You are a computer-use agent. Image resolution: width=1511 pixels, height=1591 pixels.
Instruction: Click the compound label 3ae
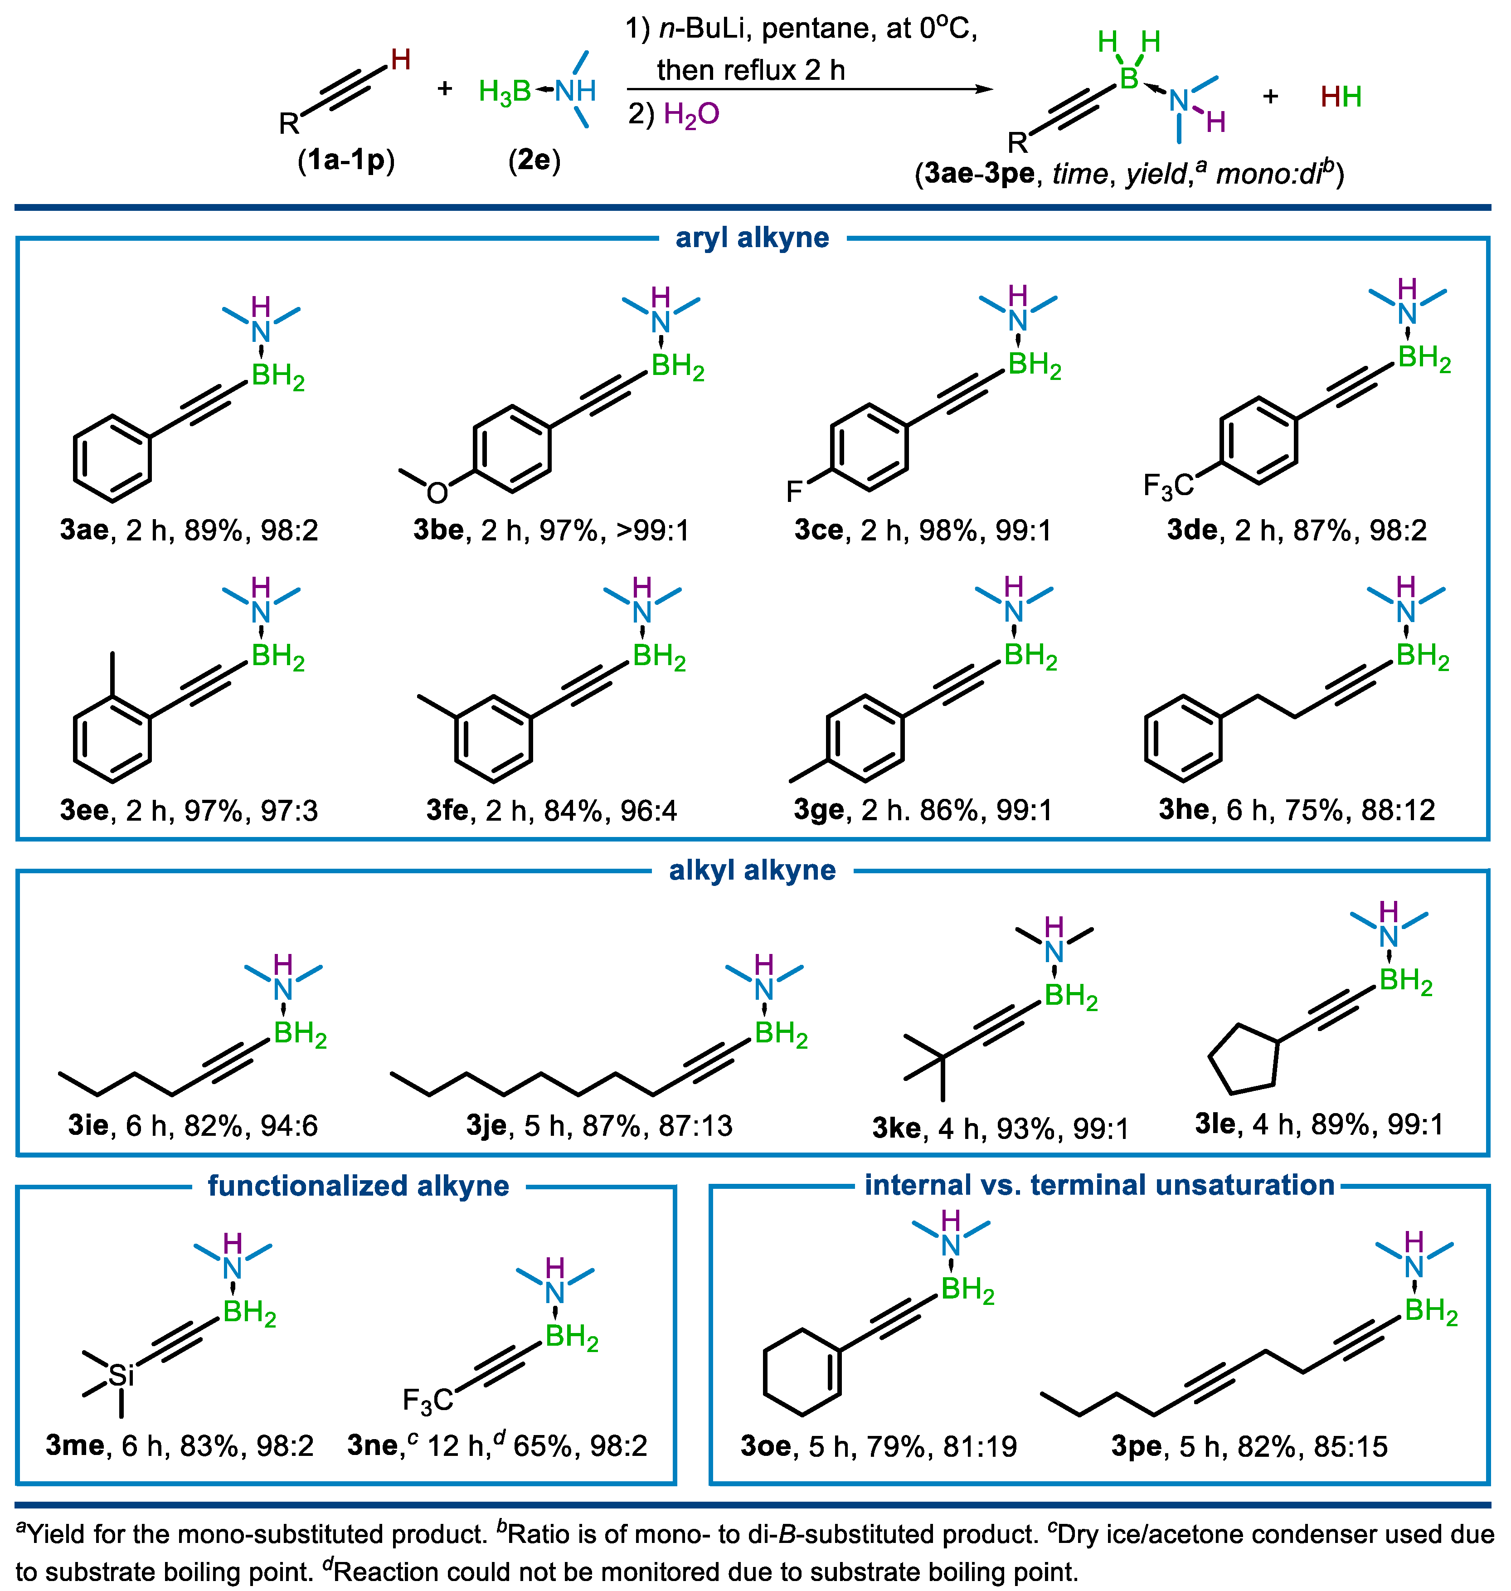[x=84, y=530]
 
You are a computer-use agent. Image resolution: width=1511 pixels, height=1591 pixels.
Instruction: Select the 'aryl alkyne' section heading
[x=752, y=238]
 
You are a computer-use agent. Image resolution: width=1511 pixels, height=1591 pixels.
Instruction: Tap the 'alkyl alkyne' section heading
[x=752, y=870]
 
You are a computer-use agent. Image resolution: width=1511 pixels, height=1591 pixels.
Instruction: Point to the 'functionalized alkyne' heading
[x=359, y=1186]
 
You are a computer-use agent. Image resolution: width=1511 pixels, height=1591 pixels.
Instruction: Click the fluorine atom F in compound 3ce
[x=794, y=491]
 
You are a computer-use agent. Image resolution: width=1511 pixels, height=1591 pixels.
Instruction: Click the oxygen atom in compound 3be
[x=437, y=492]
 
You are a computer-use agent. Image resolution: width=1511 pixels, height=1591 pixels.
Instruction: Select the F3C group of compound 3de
[x=1168, y=485]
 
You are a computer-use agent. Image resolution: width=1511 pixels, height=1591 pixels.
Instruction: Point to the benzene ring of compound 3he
[x=1183, y=738]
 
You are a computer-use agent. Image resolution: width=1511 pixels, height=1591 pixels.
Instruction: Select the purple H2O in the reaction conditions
[x=691, y=114]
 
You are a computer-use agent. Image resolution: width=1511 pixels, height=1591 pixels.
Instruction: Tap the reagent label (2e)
[x=534, y=161]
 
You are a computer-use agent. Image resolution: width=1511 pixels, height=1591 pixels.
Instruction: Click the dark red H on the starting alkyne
[x=400, y=59]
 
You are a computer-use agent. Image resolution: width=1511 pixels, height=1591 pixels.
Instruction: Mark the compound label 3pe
[x=1136, y=1446]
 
